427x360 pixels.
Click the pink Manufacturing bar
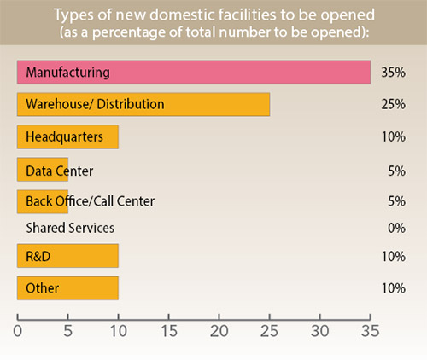193,72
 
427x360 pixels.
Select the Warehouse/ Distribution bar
143,104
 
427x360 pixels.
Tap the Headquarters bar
67,136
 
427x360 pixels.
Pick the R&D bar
67,256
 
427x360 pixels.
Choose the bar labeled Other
67,287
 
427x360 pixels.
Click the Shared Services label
70,228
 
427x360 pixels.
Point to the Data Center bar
43,171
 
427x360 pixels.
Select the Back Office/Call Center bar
43,201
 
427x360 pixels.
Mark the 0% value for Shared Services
395,228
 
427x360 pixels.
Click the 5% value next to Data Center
395,171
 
